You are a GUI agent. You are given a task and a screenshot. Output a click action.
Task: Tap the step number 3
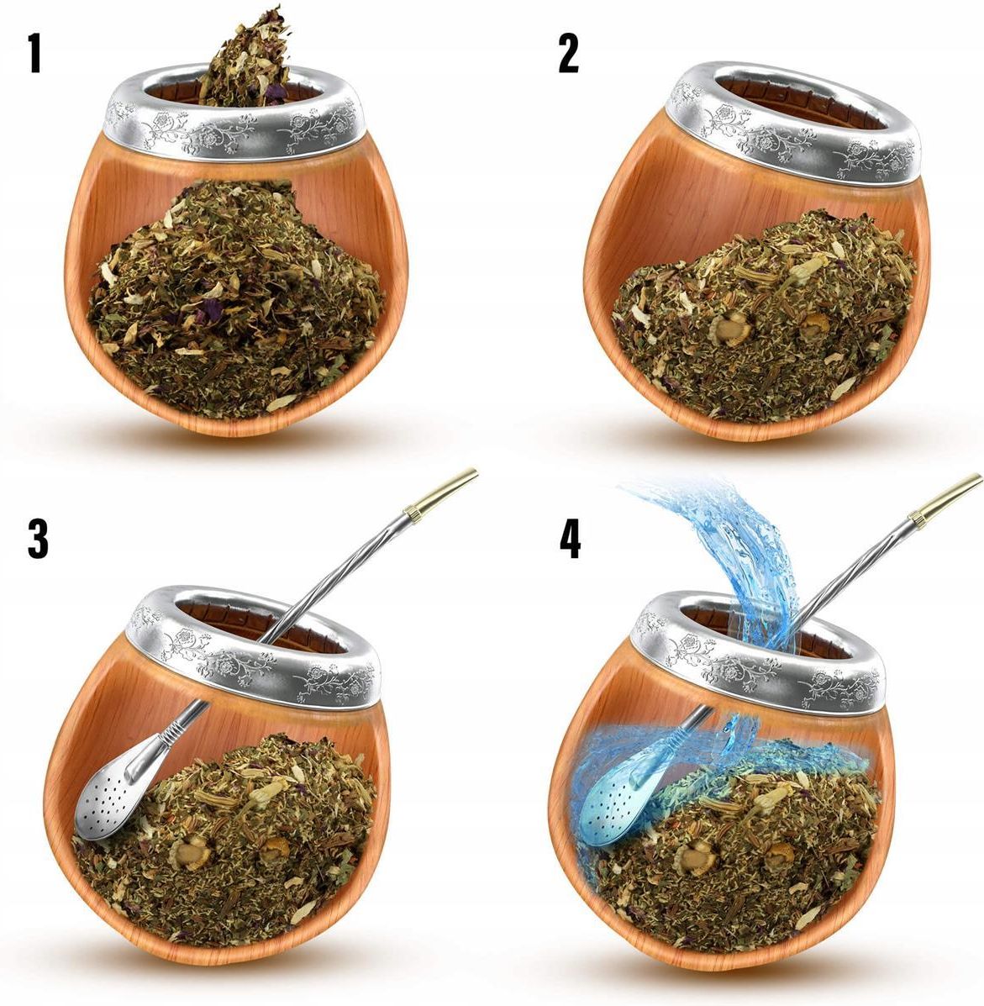38,538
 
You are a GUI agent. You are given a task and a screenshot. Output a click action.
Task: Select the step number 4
571,538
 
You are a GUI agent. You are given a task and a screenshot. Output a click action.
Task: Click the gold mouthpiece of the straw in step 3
441,489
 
